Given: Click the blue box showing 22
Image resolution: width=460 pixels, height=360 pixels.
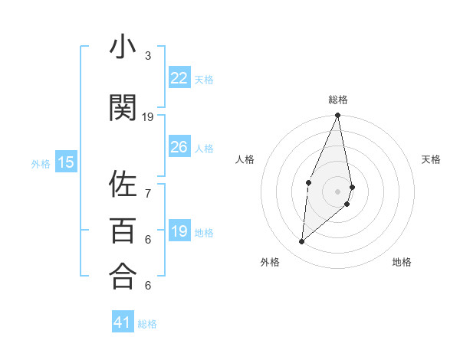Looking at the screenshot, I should pyautogui.click(x=179, y=78).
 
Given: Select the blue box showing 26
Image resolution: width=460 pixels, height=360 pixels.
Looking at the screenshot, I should pyautogui.click(x=179, y=147).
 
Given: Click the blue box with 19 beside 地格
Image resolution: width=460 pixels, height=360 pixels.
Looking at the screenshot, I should pyautogui.click(x=179, y=231).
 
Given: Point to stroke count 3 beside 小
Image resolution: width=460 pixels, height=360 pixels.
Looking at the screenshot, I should pyautogui.click(x=148, y=56).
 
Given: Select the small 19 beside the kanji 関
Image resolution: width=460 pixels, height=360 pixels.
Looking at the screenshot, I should pyautogui.click(x=148, y=117).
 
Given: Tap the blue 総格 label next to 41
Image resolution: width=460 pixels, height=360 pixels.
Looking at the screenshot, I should pyautogui.click(x=148, y=324).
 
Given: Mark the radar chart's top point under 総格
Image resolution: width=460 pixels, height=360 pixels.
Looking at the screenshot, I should pyautogui.click(x=337, y=116).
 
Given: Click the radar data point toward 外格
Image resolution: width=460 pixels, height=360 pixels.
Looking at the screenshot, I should pyautogui.click(x=302, y=242).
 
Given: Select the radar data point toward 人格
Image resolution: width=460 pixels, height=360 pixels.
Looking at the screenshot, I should pyautogui.click(x=308, y=182).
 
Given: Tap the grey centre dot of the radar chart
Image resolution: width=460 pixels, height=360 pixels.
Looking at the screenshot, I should pyautogui.click(x=337, y=191).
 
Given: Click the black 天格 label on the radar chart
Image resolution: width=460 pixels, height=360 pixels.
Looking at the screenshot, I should pyautogui.click(x=432, y=159).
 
